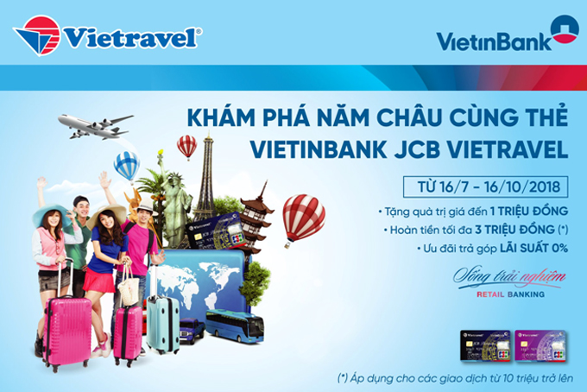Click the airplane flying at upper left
(x=94, y=127)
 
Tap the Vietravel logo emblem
(x=37, y=35)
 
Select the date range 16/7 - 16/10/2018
(x=487, y=186)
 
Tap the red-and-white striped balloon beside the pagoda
(x=303, y=217)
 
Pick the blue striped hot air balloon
(x=127, y=164)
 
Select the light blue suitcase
(x=163, y=324)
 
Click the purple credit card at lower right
(x=537, y=346)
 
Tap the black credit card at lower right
(x=487, y=346)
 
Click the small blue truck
(x=192, y=330)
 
